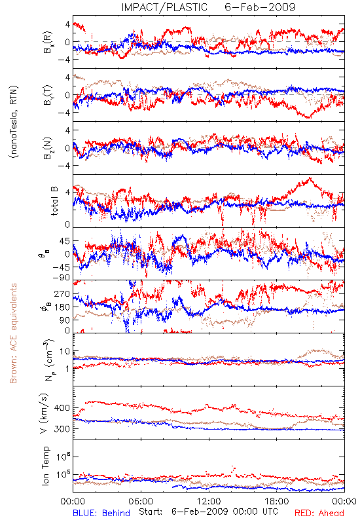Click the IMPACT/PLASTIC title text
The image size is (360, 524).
tap(164, 7)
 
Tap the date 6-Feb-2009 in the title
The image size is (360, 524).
tap(260, 7)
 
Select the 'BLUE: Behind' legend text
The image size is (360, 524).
tap(101, 513)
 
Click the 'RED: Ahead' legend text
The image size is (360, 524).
tap(319, 513)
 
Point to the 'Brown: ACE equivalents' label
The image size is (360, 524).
tap(13, 333)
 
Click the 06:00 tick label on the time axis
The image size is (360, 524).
tap(141, 501)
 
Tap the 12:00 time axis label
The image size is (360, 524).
tap(209, 501)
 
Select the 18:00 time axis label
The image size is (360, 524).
tap(276, 501)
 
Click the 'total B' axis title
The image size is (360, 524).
tap(54, 201)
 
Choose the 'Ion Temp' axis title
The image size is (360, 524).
tap(45, 466)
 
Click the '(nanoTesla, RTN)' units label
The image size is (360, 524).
tap(14, 122)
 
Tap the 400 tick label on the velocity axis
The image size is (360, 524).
tap(62, 407)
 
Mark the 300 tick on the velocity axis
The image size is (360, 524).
tap(62, 429)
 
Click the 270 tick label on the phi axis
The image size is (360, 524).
tap(62, 293)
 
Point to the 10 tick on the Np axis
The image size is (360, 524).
tap(65, 352)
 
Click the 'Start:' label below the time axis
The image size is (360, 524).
tap(151, 512)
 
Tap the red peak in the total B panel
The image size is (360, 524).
tap(310, 178)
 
